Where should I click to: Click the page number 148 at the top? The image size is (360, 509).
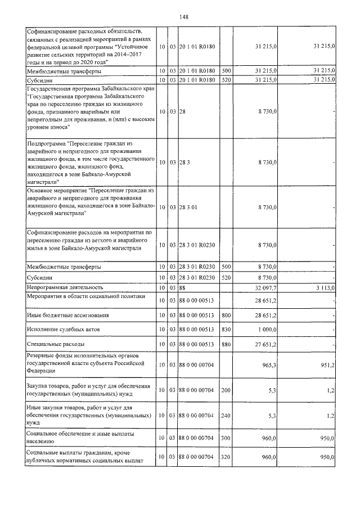click(183, 17)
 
